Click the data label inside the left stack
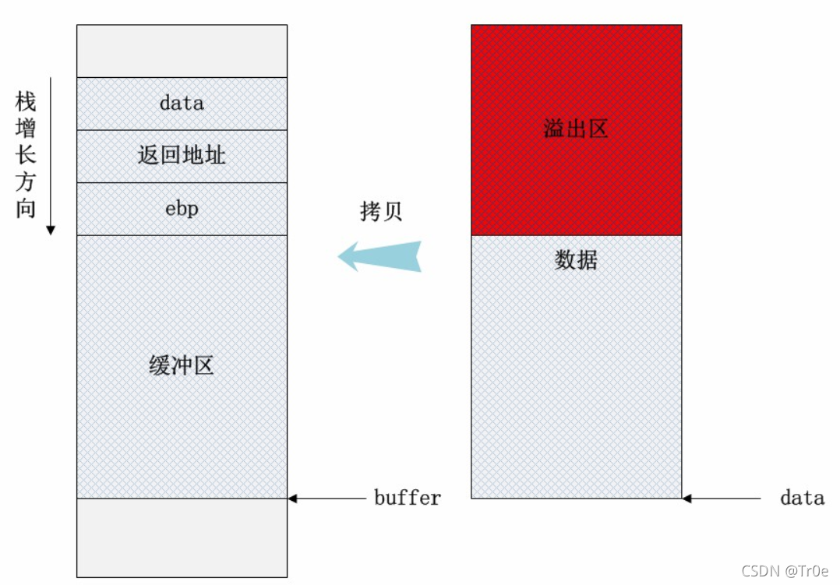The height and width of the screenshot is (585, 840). pyautogui.click(x=182, y=103)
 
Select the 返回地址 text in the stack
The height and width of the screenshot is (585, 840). pyautogui.click(x=182, y=155)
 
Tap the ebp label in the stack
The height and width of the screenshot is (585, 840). pyautogui.click(x=182, y=209)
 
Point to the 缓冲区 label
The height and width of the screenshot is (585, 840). pyautogui.click(x=182, y=365)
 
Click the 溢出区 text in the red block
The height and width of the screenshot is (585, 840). pyautogui.click(x=576, y=129)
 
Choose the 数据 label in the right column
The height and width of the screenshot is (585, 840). pyautogui.click(x=576, y=260)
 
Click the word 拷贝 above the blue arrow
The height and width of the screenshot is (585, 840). pyautogui.click(x=381, y=211)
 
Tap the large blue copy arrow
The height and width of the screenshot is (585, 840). pyautogui.click(x=379, y=256)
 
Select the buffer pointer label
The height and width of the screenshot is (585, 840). pyautogui.click(x=407, y=498)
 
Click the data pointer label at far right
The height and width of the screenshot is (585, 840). pyautogui.click(x=802, y=498)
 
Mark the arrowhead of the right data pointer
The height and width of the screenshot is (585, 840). pyautogui.click(x=686, y=498)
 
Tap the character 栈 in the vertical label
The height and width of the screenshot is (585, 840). pyautogui.click(x=26, y=102)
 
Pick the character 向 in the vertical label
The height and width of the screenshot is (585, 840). pyautogui.click(x=26, y=209)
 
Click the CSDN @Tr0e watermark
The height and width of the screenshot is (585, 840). pyautogui.click(x=785, y=571)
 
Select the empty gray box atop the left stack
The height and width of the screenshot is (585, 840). pyautogui.click(x=182, y=51)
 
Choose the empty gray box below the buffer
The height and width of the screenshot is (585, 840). pyautogui.click(x=182, y=537)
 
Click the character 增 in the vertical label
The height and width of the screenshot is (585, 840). pyautogui.click(x=26, y=129)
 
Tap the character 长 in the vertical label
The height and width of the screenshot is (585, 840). pyautogui.click(x=26, y=155)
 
